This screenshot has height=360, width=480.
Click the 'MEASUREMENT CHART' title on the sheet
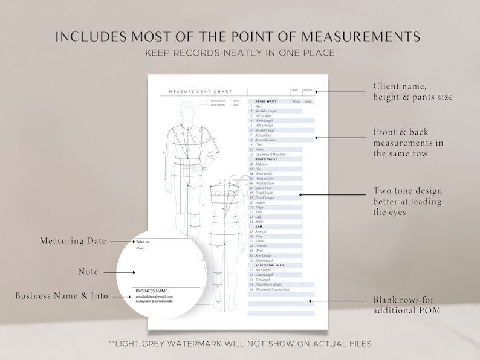coord(190,91)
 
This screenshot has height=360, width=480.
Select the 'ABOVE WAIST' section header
coord(266,101)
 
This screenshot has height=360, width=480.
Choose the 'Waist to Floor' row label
coord(266,183)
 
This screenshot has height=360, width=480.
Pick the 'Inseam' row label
coord(260,202)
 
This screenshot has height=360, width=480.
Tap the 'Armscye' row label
coord(261,231)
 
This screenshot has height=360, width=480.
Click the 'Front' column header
coord(296,101)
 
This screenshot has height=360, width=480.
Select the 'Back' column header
coord(308,101)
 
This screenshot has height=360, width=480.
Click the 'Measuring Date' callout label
coord(73,241)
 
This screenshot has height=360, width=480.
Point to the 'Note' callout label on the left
coord(88,272)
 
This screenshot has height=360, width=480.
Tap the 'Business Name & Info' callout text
coord(62,296)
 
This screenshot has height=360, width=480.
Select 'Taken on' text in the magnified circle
coord(143,242)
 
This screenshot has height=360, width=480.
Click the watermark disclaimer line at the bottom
coord(240,344)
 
